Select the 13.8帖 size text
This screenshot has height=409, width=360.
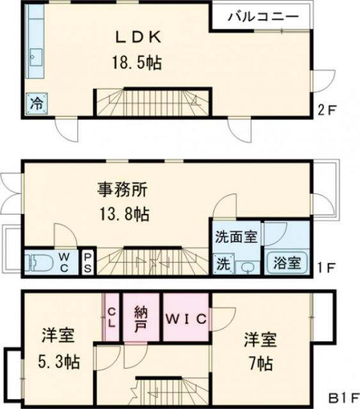pyautogui.click(x=123, y=214)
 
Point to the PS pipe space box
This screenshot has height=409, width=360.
pyautogui.click(x=88, y=262)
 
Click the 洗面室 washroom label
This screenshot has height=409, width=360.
pyautogui.click(x=235, y=236)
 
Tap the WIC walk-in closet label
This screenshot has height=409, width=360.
pyautogui.click(x=186, y=318)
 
